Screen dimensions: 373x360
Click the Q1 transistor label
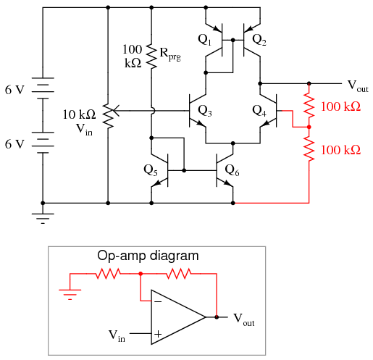(x=204, y=40)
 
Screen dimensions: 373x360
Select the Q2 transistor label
(x=259, y=40)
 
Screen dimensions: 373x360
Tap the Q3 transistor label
(x=205, y=111)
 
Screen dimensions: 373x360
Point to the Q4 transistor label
(x=259, y=111)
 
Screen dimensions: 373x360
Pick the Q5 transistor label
(x=151, y=170)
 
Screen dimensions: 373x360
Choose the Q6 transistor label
(x=232, y=170)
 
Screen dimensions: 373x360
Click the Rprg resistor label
(x=170, y=54)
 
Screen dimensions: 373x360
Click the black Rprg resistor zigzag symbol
(x=151, y=56)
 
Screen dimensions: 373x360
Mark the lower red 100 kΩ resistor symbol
(x=309, y=148)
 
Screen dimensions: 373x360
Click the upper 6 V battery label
(x=14, y=90)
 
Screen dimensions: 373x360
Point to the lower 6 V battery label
(x=14, y=144)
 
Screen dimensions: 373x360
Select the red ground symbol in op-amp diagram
(x=70, y=295)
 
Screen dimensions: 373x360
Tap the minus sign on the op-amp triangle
(x=158, y=301)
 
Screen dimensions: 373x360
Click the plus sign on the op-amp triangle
(x=158, y=334)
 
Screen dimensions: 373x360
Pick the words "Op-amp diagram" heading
(x=148, y=256)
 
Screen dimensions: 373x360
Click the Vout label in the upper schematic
(x=358, y=86)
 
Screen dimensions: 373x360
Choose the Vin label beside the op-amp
(x=117, y=336)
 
